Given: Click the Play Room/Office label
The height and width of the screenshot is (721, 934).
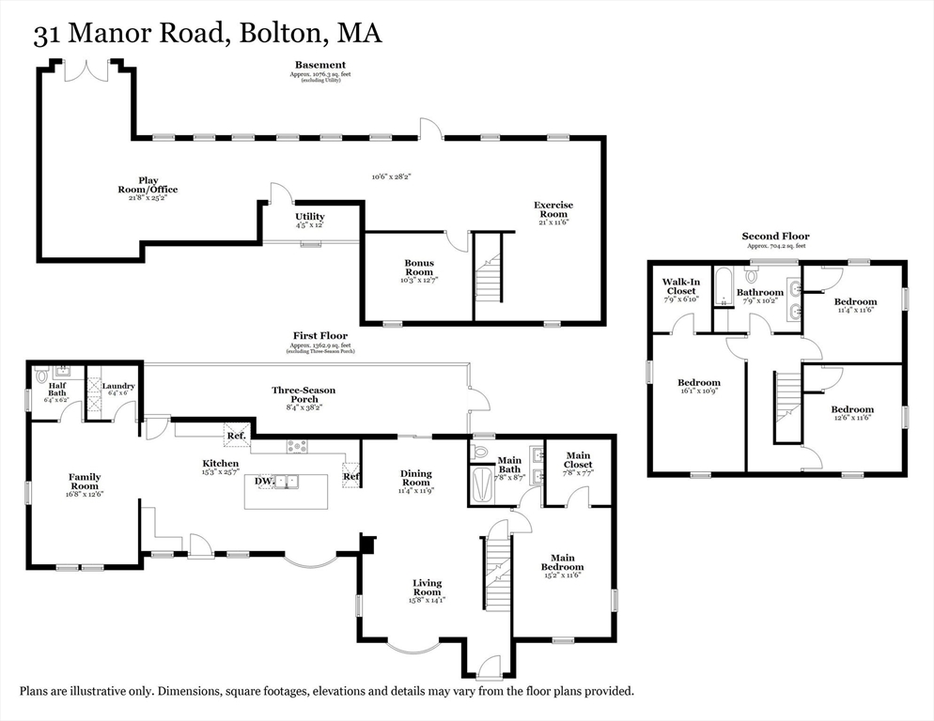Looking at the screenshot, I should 145,185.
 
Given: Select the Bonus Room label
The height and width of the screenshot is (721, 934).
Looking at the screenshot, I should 419,268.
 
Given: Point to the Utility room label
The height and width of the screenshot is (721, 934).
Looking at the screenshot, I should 310,217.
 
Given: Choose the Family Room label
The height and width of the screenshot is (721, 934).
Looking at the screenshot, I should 85,482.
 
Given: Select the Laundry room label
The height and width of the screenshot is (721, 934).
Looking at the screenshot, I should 118,386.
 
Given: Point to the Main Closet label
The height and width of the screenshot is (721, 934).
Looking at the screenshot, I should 578,460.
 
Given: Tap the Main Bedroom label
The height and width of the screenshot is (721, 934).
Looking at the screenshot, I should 562,562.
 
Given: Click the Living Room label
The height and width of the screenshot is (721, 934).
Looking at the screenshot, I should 427,588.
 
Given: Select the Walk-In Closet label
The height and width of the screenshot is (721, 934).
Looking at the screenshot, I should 679,286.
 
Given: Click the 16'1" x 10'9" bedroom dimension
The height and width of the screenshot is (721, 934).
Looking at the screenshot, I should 699,391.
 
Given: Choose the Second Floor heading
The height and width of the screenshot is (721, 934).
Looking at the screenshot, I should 775,237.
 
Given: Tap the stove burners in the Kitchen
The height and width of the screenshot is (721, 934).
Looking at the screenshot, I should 297,446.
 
